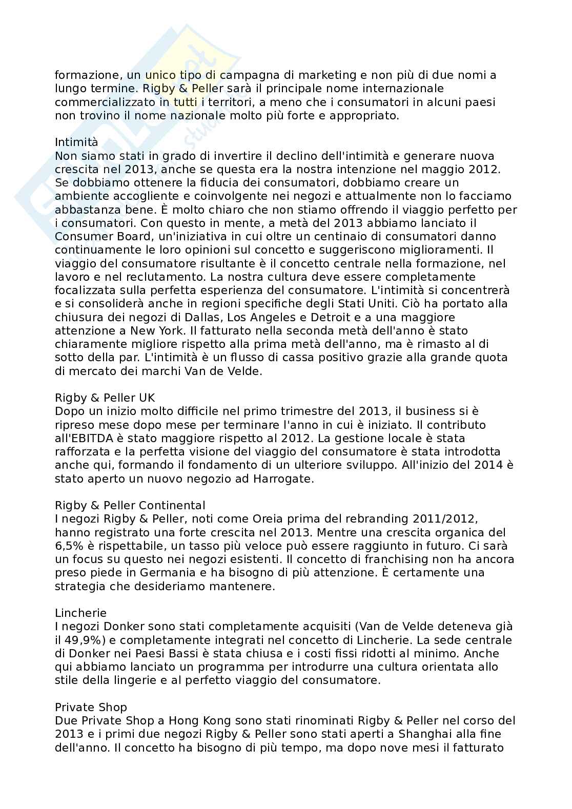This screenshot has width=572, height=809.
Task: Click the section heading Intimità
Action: (76, 142)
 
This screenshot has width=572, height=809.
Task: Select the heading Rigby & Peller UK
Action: (105, 398)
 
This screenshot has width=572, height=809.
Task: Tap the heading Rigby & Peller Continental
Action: (130, 506)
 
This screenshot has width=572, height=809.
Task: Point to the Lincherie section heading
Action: (80, 613)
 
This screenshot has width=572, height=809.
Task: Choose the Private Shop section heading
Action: (91, 708)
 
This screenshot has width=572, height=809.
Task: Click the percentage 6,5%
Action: (67, 546)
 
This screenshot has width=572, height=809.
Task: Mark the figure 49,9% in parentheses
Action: (74, 640)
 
